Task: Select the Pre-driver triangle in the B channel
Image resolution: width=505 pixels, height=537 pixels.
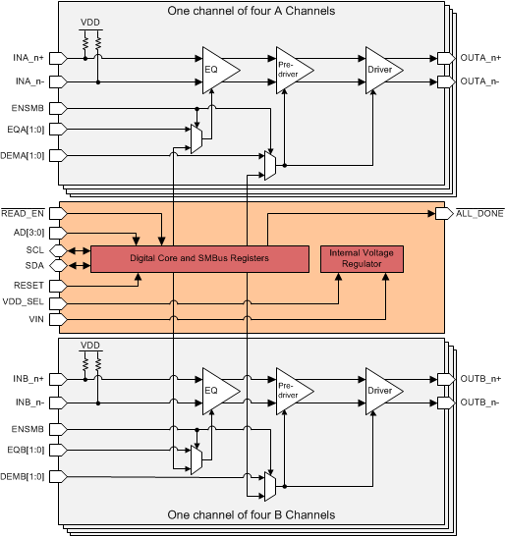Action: (x=291, y=391)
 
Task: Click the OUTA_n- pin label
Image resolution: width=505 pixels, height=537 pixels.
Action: (x=480, y=81)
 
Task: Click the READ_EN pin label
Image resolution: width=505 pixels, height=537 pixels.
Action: (x=23, y=213)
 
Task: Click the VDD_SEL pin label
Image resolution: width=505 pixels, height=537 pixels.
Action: (x=22, y=303)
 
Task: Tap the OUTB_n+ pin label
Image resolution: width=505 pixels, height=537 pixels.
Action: (x=481, y=379)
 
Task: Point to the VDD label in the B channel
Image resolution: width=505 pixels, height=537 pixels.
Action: (x=90, y=346)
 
